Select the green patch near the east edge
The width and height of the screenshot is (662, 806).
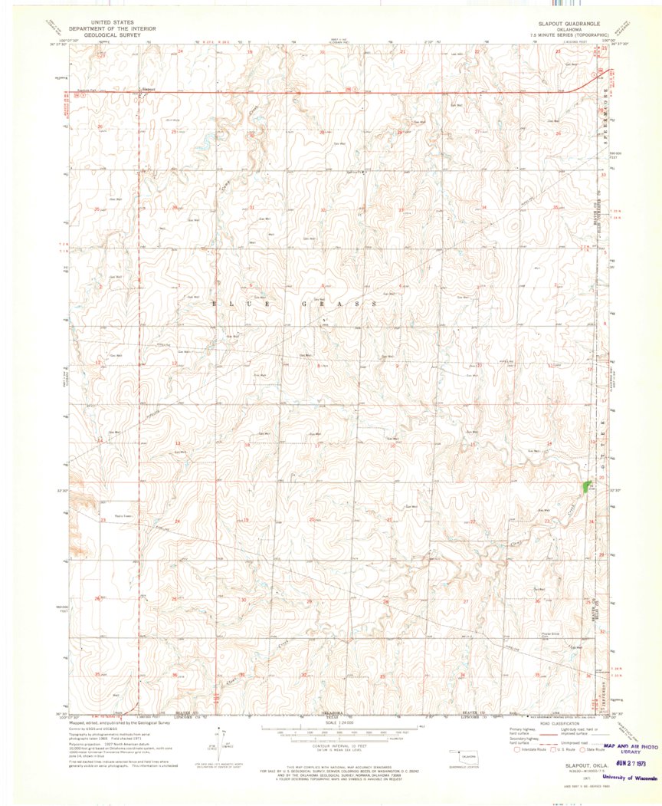[587, 486]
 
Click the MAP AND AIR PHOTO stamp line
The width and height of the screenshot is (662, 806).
[631, 745]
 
